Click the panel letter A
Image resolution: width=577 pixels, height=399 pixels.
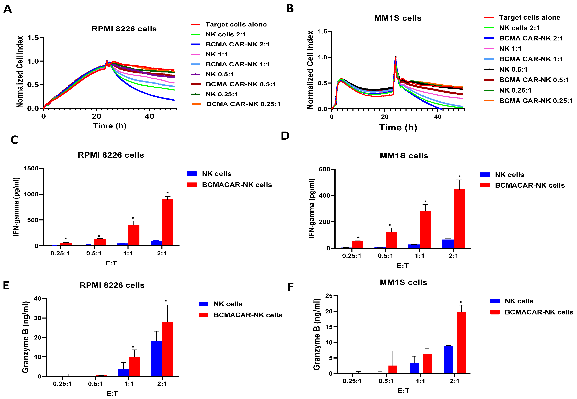coord(8,9)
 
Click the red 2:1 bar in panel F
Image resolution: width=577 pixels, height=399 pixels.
coord(461,343)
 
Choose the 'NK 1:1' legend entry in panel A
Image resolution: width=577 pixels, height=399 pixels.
coord(217,54)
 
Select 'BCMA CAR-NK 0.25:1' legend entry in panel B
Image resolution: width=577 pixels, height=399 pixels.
coord(536,101)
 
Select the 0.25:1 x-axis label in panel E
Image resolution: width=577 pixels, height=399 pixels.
coord(62,384)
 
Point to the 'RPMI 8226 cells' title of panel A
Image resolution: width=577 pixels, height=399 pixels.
coord(124,29)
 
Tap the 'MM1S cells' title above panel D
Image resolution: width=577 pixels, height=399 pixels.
coord(404,156)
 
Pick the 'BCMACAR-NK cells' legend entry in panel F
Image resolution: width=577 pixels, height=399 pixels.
coord(539,312)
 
